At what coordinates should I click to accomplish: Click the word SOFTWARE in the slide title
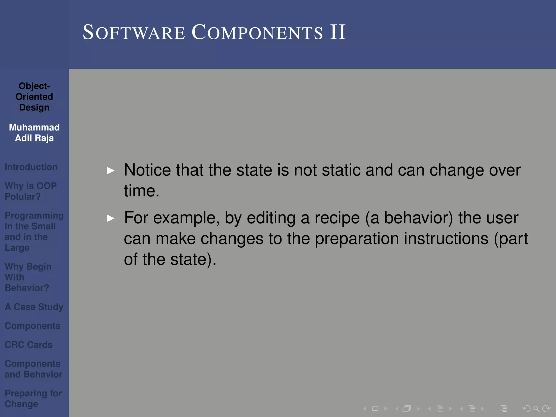tap(134, 33)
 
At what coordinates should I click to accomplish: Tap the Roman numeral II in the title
tap(338, 32)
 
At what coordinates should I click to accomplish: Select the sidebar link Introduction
tap(31, 167)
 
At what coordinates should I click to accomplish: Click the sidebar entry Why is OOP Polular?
tap(31, 191)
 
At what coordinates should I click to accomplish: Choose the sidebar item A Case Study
tap(34, 307)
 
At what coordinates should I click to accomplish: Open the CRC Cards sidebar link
tap(29, 345)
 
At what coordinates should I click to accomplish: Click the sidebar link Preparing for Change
tap(33, 398)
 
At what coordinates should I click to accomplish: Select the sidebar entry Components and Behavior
tap(33, 369)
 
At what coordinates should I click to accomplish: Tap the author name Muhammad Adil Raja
tap(34, 132)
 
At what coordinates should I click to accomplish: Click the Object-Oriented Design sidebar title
tap(34, 97)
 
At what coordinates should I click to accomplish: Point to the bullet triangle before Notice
tap(111, 170)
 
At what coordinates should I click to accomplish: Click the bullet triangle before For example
tap(111, 218)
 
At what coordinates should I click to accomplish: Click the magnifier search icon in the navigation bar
tap(536, 408)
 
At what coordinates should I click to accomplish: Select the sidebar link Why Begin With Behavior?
tap(28, 277)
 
